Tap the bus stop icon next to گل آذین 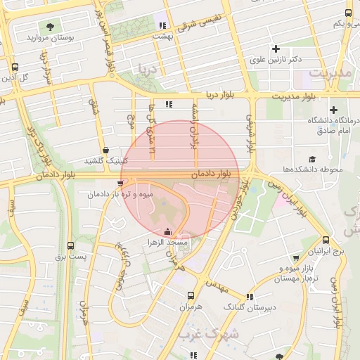pos(15,67)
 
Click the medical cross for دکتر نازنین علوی pos(276,49)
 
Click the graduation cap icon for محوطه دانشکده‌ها pos(312,160)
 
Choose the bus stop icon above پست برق pos(70,245)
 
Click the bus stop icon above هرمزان pos(191,295)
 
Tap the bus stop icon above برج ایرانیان pos(326,240)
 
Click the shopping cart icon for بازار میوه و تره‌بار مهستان pos(296,257)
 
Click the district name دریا pos(153,69)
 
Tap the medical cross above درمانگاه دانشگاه pos(333,110)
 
